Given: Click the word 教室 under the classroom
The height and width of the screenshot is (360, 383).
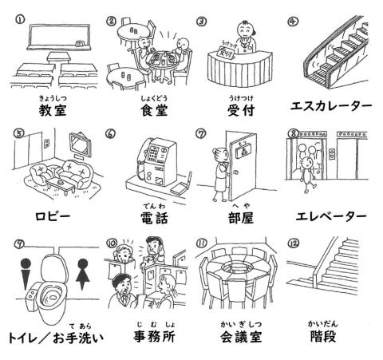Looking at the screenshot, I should (x=47, y=109).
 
